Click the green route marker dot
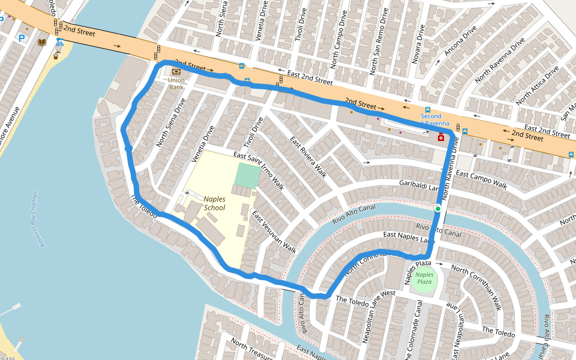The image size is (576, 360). [438, 208]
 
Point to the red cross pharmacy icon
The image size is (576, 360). [441, 137]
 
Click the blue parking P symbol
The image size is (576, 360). [22, 38]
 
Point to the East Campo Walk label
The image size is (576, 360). [481, 178]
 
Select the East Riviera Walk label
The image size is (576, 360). [308, 157]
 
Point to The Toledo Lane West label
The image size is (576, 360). [365, 296]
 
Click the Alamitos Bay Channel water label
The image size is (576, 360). [33, 219]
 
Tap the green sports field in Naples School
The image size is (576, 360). [248, 175]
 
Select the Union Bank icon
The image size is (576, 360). [176, 71]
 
